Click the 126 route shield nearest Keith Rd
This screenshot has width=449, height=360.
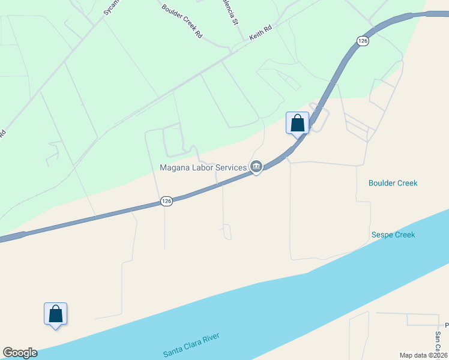click(362, 41)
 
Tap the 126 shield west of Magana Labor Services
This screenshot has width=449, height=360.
click(167, 202)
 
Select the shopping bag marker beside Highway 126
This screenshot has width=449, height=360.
click(297, 124)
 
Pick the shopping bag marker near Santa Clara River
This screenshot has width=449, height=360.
click(55, 314)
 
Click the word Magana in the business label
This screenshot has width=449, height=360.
click(175, 167)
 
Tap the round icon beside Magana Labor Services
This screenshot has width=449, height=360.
click(256, 167)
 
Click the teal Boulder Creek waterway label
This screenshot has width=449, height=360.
click(393, 183)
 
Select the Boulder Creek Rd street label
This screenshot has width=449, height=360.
click(182, 21)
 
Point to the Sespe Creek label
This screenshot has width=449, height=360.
click(393, 235)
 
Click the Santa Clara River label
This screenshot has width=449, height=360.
click(191, 345)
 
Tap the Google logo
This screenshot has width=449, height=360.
click(20, 353)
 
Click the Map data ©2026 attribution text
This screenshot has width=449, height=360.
click(423, 355)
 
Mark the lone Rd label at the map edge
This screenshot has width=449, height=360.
click(3, 133)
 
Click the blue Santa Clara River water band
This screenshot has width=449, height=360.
click(300, 300)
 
